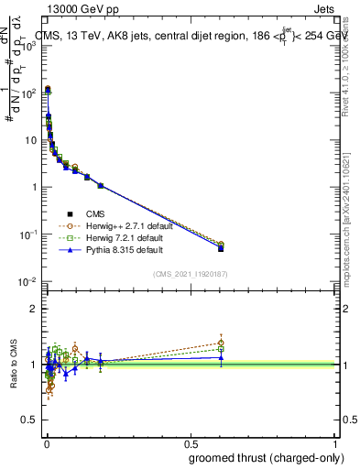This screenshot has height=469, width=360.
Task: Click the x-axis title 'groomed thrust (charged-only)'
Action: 266,457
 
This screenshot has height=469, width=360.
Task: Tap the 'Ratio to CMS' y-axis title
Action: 15,365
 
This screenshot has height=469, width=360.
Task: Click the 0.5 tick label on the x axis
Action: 191,444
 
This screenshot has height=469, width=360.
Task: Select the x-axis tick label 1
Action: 336,444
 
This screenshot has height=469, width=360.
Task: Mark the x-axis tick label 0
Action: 46,444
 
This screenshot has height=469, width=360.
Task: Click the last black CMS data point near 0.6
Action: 221,248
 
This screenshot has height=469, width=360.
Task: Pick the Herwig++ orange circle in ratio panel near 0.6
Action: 221,344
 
